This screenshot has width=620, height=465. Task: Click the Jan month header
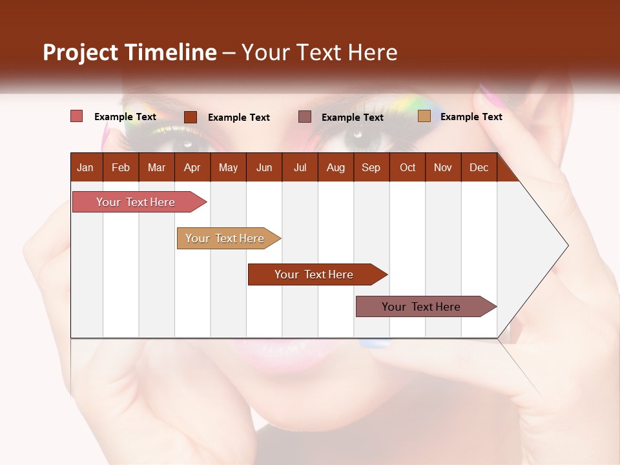(x=85, y=167)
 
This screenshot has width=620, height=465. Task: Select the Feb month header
(x=121, y=167)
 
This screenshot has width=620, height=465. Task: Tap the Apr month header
(x=192, y=167)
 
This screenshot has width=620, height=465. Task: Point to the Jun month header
(x=264, y=167)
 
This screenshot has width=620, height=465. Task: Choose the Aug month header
(x=335, y=167)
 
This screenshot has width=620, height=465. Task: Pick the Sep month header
(x=371, y=167)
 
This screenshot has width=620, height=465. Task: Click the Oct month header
(x=408, y=167)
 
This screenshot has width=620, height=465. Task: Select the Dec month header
(x=479, y=167)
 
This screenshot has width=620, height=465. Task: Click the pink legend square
(x=77, y=116)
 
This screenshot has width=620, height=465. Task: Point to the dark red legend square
(x=191, y=117)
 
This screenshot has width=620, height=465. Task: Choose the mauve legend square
(x=305, y=116)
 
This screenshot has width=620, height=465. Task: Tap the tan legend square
(x=424, y=116)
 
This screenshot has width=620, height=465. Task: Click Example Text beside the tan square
(x=471, y=116)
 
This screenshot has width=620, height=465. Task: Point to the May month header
(x=228, y=167)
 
